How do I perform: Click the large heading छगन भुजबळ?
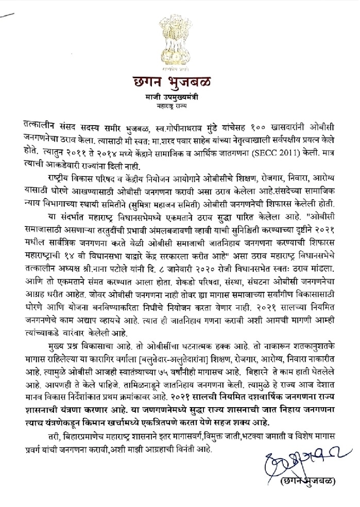click(x=179, y=84)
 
